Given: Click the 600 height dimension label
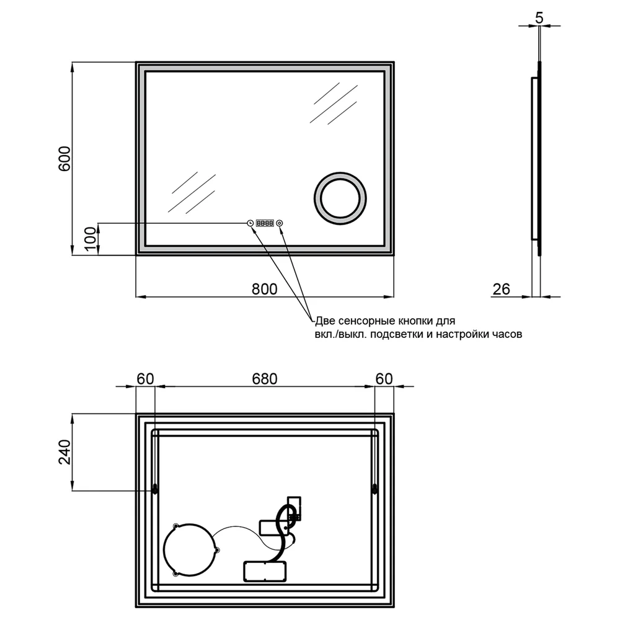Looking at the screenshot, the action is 64,159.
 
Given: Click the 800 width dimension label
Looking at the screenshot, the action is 265,290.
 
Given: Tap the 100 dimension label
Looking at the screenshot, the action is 91,239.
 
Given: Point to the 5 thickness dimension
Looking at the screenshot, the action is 539,18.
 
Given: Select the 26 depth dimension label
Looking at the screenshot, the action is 502,290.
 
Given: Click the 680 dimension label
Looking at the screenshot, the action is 265,379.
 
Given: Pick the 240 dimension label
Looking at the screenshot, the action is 64,452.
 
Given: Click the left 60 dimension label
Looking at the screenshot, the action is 145,379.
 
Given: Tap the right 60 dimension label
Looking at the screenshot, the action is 384,379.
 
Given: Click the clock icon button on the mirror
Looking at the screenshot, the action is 250,223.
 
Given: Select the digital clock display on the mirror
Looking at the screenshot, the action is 265,223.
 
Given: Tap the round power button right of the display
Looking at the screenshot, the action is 280,223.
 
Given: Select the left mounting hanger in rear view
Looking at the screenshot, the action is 155,489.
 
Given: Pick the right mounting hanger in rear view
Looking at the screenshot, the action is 375,489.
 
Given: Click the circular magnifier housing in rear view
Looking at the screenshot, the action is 164,549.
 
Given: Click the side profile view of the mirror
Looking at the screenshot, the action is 536,158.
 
